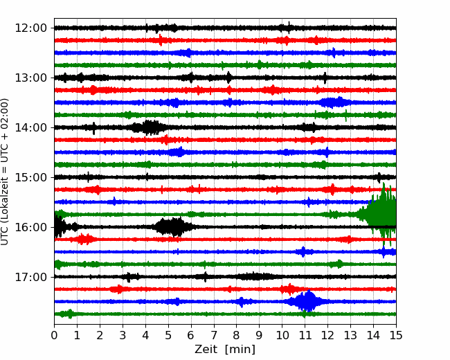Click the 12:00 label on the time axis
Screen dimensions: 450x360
(x=30, y=28)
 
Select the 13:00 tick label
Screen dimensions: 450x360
(x=30, y=78)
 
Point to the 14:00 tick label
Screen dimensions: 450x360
(x=30, y=127)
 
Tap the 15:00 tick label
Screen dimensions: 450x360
(x=30, y=177)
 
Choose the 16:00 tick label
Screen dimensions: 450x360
(x=30, y=227)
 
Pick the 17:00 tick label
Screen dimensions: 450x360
(x=30, y=277)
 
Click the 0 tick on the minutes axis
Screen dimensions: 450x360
(x=54, y=335)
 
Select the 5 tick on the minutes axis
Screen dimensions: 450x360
(x=168, y=335)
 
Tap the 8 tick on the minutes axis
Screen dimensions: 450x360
(x=237, y=335)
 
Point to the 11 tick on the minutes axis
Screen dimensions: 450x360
(x=305, y=335)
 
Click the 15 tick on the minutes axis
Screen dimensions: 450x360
(x=396, y=335)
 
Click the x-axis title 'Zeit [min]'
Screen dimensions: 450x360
(x=225, y=350)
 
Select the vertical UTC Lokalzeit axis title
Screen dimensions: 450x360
(x=4, y=172)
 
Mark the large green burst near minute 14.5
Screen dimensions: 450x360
(x=379, y=215)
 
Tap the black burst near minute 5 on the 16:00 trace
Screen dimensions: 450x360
(x=173, y=227)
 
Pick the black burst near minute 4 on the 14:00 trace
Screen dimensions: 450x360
(x=148, y=127)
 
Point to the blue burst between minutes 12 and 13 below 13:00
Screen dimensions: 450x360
(x=335, y=102)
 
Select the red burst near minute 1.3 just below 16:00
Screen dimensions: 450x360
(x=84, y=239)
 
